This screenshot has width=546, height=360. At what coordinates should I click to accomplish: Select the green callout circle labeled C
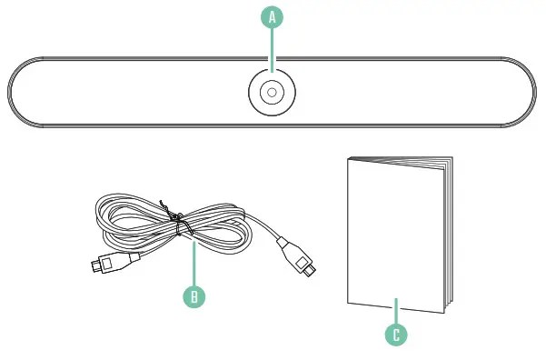tap(396, 334)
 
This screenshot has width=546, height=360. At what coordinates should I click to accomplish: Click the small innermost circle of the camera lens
tap(272, 93)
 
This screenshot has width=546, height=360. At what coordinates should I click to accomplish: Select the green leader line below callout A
tap(272, 50)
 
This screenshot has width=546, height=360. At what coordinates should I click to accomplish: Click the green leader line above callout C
tap(396, 309)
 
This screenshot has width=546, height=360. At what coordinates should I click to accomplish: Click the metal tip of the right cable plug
tap(308, 271)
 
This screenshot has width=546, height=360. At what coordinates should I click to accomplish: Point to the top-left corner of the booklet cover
tap(351, 160)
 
